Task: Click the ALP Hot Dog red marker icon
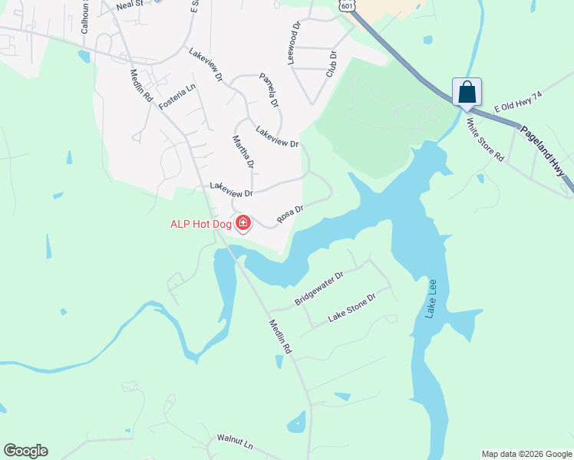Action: tap(243, 223)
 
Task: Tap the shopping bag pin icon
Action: tap(467, 93)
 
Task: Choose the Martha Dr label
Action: tap(242, 152)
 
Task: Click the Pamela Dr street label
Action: tap(269, 90)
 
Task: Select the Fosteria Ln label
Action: tap(177, 96)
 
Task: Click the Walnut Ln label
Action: tap(235, 442)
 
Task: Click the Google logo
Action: tap(25, 451)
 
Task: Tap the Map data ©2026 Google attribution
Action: tap(526, 454)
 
